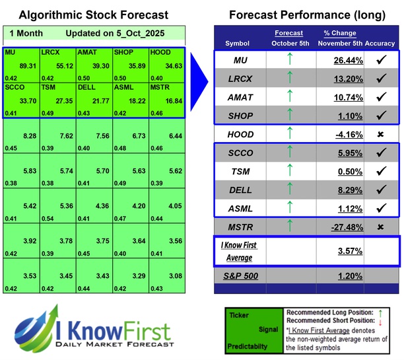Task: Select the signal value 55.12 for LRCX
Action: [x=56, y=67]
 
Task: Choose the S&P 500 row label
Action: [x=238, y=275]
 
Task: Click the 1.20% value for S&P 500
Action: [x=338, y=275]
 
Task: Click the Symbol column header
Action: [x=238, y=44]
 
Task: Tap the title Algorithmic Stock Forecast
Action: [x=94, y=15]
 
